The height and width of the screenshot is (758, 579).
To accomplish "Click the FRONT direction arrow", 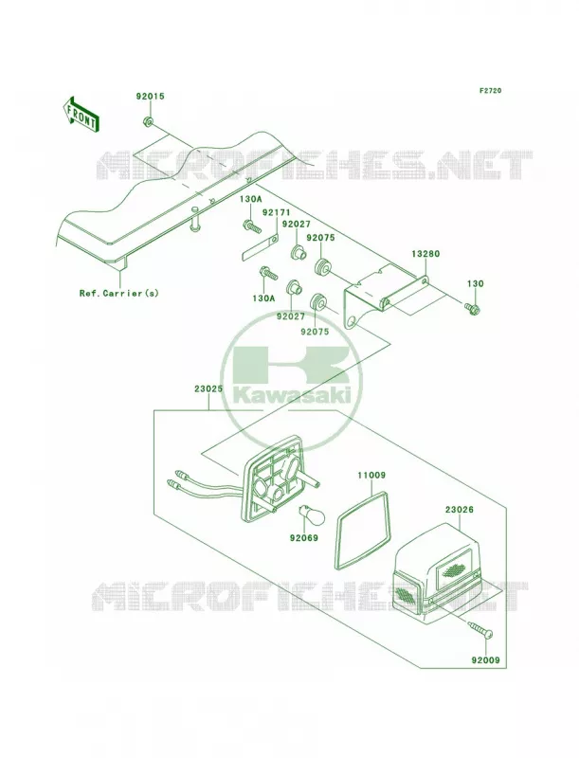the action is [x=81, y=114].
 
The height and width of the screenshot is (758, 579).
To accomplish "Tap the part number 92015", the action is [x=150, y=97].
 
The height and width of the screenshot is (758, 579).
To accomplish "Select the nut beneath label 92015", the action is [x=149, y=121].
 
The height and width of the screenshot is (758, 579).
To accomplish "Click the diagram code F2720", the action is [x=490, y=90].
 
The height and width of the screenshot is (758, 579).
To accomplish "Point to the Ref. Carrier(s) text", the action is [x=118, y=293].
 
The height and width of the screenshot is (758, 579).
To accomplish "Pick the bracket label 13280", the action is [x=425, y=254].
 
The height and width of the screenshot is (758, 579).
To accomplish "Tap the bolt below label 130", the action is [x=471, y=307].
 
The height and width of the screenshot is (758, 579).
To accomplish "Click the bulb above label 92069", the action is [x=304, y=513].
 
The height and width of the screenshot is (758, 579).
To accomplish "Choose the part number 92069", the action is [x=304, y=537].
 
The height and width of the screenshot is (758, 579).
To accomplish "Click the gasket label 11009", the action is [x=371, y=476].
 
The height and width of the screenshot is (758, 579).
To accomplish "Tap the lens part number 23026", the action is [x=460, y=510].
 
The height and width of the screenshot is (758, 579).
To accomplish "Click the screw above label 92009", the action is [x=480, y=629].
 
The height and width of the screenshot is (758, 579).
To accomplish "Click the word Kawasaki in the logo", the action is [x=292, y=396].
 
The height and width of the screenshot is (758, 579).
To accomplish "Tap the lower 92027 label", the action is [x=291, y=316].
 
